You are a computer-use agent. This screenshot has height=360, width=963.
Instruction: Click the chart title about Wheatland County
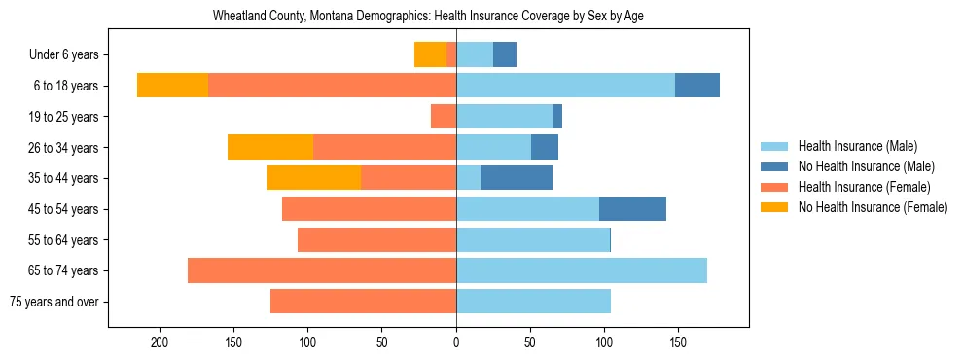tap(428, 17)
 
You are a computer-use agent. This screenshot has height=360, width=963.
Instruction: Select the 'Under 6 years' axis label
tap(69, 54)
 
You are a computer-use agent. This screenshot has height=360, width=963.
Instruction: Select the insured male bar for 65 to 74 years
tap(582, 270)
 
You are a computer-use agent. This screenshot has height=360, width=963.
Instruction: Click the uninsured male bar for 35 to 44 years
tap(517, 178)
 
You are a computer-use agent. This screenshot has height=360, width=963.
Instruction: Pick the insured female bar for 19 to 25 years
tap(444, 117)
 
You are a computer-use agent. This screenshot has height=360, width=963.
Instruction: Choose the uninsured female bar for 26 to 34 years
tap(270, 147)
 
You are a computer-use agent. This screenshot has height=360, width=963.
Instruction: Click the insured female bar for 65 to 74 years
tap(322, 270)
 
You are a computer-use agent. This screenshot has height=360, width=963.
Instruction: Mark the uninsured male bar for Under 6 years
tap(505, 54)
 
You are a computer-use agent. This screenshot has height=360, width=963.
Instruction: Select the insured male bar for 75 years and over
tap(533, 302)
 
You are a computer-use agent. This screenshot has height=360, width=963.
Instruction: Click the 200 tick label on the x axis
tap(160, 342)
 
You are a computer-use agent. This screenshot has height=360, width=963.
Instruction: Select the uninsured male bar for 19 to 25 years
tap(557, 117)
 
